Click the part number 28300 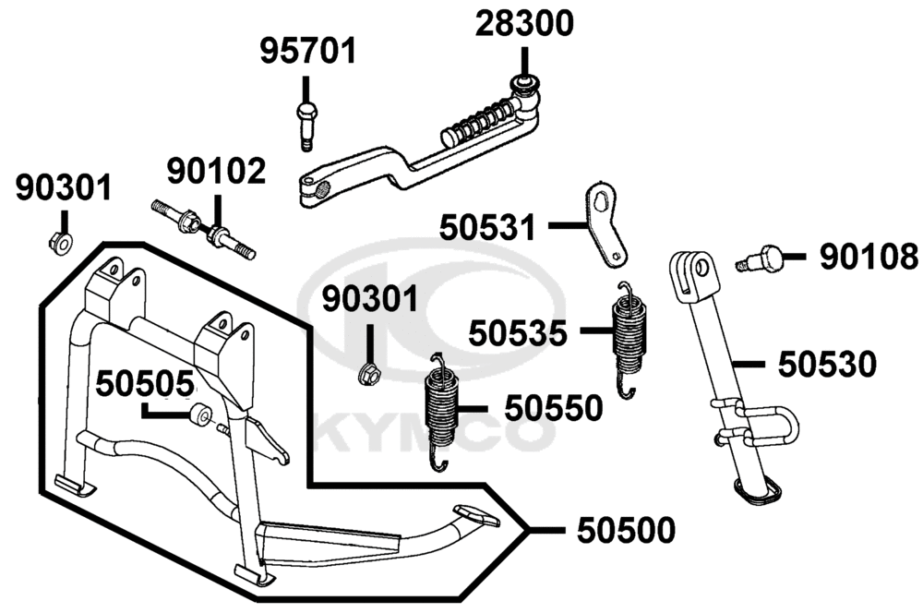524,24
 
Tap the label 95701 308,51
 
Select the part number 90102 216,172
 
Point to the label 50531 488,227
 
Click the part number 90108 869,257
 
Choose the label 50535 518,333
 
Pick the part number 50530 827,365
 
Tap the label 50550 554,408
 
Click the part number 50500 626,531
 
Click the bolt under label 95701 306,126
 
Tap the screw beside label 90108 759,258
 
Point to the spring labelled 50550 440,412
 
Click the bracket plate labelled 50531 605,224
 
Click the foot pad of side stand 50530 757,490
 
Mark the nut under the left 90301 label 60,242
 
